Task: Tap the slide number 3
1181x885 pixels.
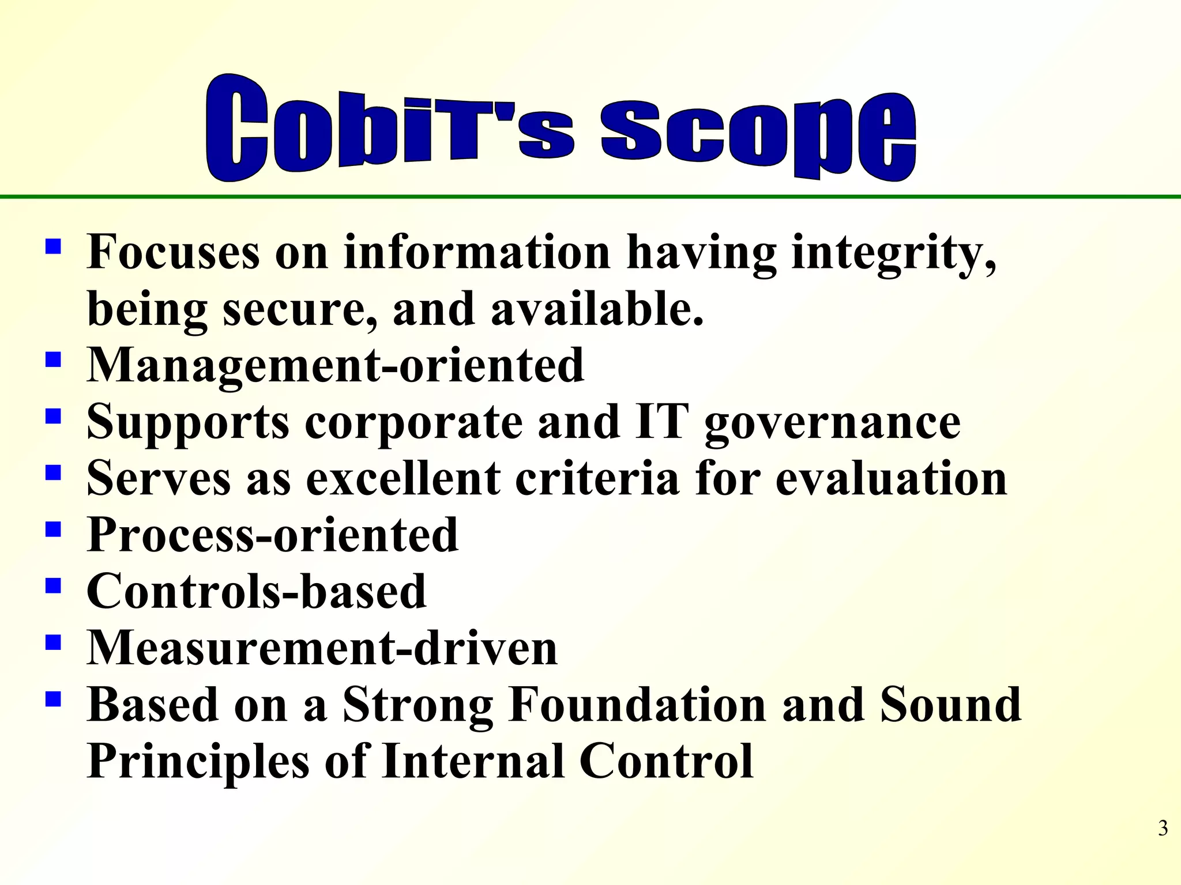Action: pyautogui.click(x=1163, y=828)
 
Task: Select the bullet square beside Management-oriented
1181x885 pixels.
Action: pyautogui.click(x=53, y=360)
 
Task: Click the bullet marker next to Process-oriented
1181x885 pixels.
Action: pyautogui.click(x=53, y=530)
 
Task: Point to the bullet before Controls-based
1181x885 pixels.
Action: pyautogui.click(x=53, y=586)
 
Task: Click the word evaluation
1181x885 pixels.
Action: pyautogui.click(x=891, y=478)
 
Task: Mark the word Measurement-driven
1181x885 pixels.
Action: pyautogui.click(x=322, y=648)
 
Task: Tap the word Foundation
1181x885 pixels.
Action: pyautogui.click(x=637, y=704)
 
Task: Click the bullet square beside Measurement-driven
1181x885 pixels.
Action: pyautogui.click(x=53, y=642)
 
